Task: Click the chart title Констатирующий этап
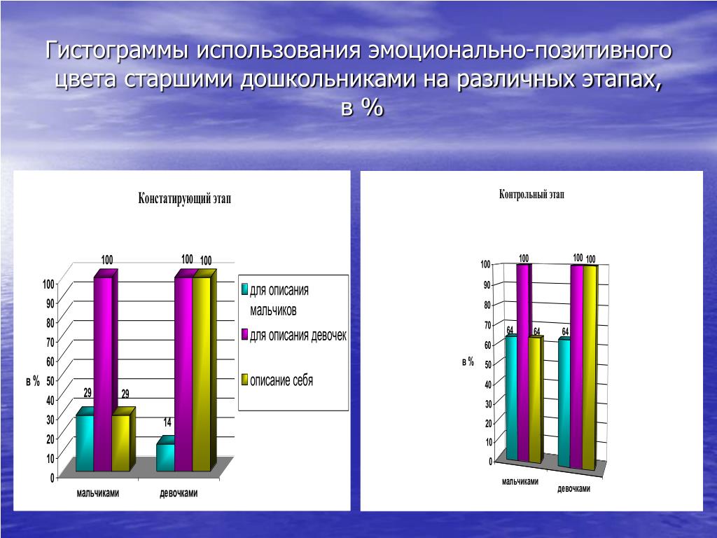(184, 198)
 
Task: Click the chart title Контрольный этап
(531, 195)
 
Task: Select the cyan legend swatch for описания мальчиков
(244, 289)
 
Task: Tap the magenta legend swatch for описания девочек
(244, 335)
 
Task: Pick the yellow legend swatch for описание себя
(244, 380)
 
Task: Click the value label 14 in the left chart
(167, 422)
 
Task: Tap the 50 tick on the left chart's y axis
(50, 380)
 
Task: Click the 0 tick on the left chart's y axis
(53, 478)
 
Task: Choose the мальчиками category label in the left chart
(98, 493)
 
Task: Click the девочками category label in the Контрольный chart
(573, 488)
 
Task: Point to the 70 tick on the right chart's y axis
(487, 325)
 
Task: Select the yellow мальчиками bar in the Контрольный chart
(536, 399)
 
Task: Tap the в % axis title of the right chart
(468, 362)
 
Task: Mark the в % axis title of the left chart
(33, 381)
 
